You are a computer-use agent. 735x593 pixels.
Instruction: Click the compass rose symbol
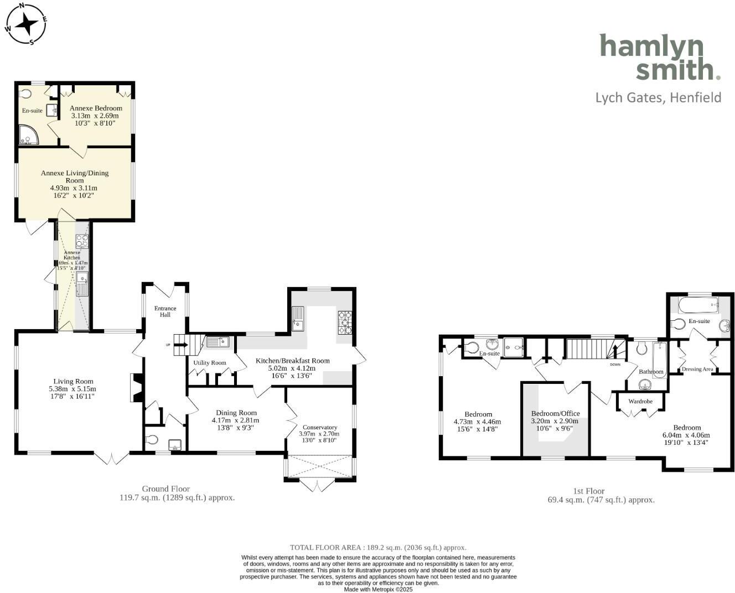pos(25,24)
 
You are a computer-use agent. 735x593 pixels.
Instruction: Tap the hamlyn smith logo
pos(660,57)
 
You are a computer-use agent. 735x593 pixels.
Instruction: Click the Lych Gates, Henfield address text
pos(658,98)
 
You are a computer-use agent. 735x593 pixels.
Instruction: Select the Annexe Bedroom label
pos(96,108)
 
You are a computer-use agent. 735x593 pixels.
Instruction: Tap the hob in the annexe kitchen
pos(82,241)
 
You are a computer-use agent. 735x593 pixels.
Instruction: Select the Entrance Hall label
pos(165,311)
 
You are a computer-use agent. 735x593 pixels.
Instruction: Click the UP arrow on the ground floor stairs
pos(182,345)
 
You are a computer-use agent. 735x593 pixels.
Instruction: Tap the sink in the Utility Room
pos(218,342)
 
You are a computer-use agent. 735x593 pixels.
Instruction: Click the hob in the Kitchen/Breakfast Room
pos(345,322)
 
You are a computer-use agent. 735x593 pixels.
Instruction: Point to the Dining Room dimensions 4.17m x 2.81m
pos(235,420)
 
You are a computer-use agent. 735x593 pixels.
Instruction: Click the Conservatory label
pos(320,427)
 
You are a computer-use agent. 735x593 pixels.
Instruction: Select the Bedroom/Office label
pos(555,413)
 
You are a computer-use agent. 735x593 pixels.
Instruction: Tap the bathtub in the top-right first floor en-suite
pos(698,304)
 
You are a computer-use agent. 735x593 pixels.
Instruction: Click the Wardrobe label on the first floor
pos(640,401)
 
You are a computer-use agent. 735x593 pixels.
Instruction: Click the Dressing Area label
pos(697,369)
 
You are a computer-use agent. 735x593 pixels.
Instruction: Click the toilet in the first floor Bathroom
pos(642,348)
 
